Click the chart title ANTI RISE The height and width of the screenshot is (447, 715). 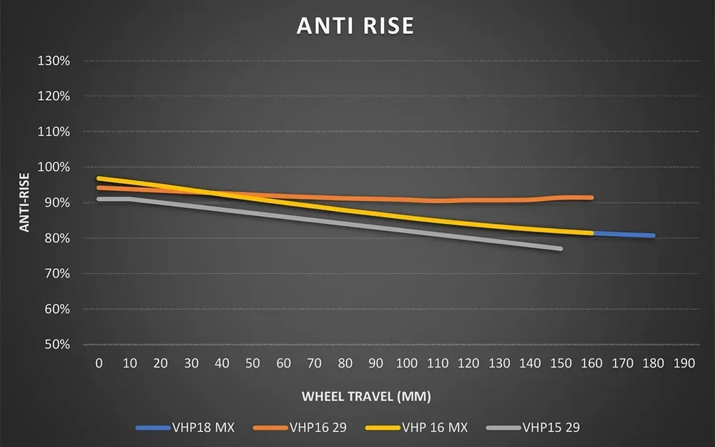click(x=355, y=26)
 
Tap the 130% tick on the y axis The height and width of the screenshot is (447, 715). click(x=54, y=61)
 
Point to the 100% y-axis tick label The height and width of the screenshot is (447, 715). click(x=54, y=167)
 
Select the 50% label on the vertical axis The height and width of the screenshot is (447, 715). click(x=56, y=345)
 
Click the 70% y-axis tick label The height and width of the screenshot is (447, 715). click(x=56, y=274)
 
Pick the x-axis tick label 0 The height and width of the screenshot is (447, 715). click(x=99, y=363)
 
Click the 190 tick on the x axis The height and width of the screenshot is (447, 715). click(x=684, y=363)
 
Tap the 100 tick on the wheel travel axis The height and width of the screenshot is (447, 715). click(x=407, y=363)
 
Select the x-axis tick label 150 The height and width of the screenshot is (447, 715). click(x=561, y=363)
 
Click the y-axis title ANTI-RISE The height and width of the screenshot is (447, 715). click(x=24, y=202)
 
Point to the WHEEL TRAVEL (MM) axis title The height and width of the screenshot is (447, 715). click(x=366, y=396)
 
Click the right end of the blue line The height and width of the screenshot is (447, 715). click(x=653, y=235)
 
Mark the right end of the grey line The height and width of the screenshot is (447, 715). click(x=561, y=249)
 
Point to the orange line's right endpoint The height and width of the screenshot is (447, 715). click(x=591, y=197)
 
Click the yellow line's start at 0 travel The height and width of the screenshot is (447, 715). click(x=99, y=178)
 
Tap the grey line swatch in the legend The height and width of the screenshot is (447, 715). click(x=502, y=428)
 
